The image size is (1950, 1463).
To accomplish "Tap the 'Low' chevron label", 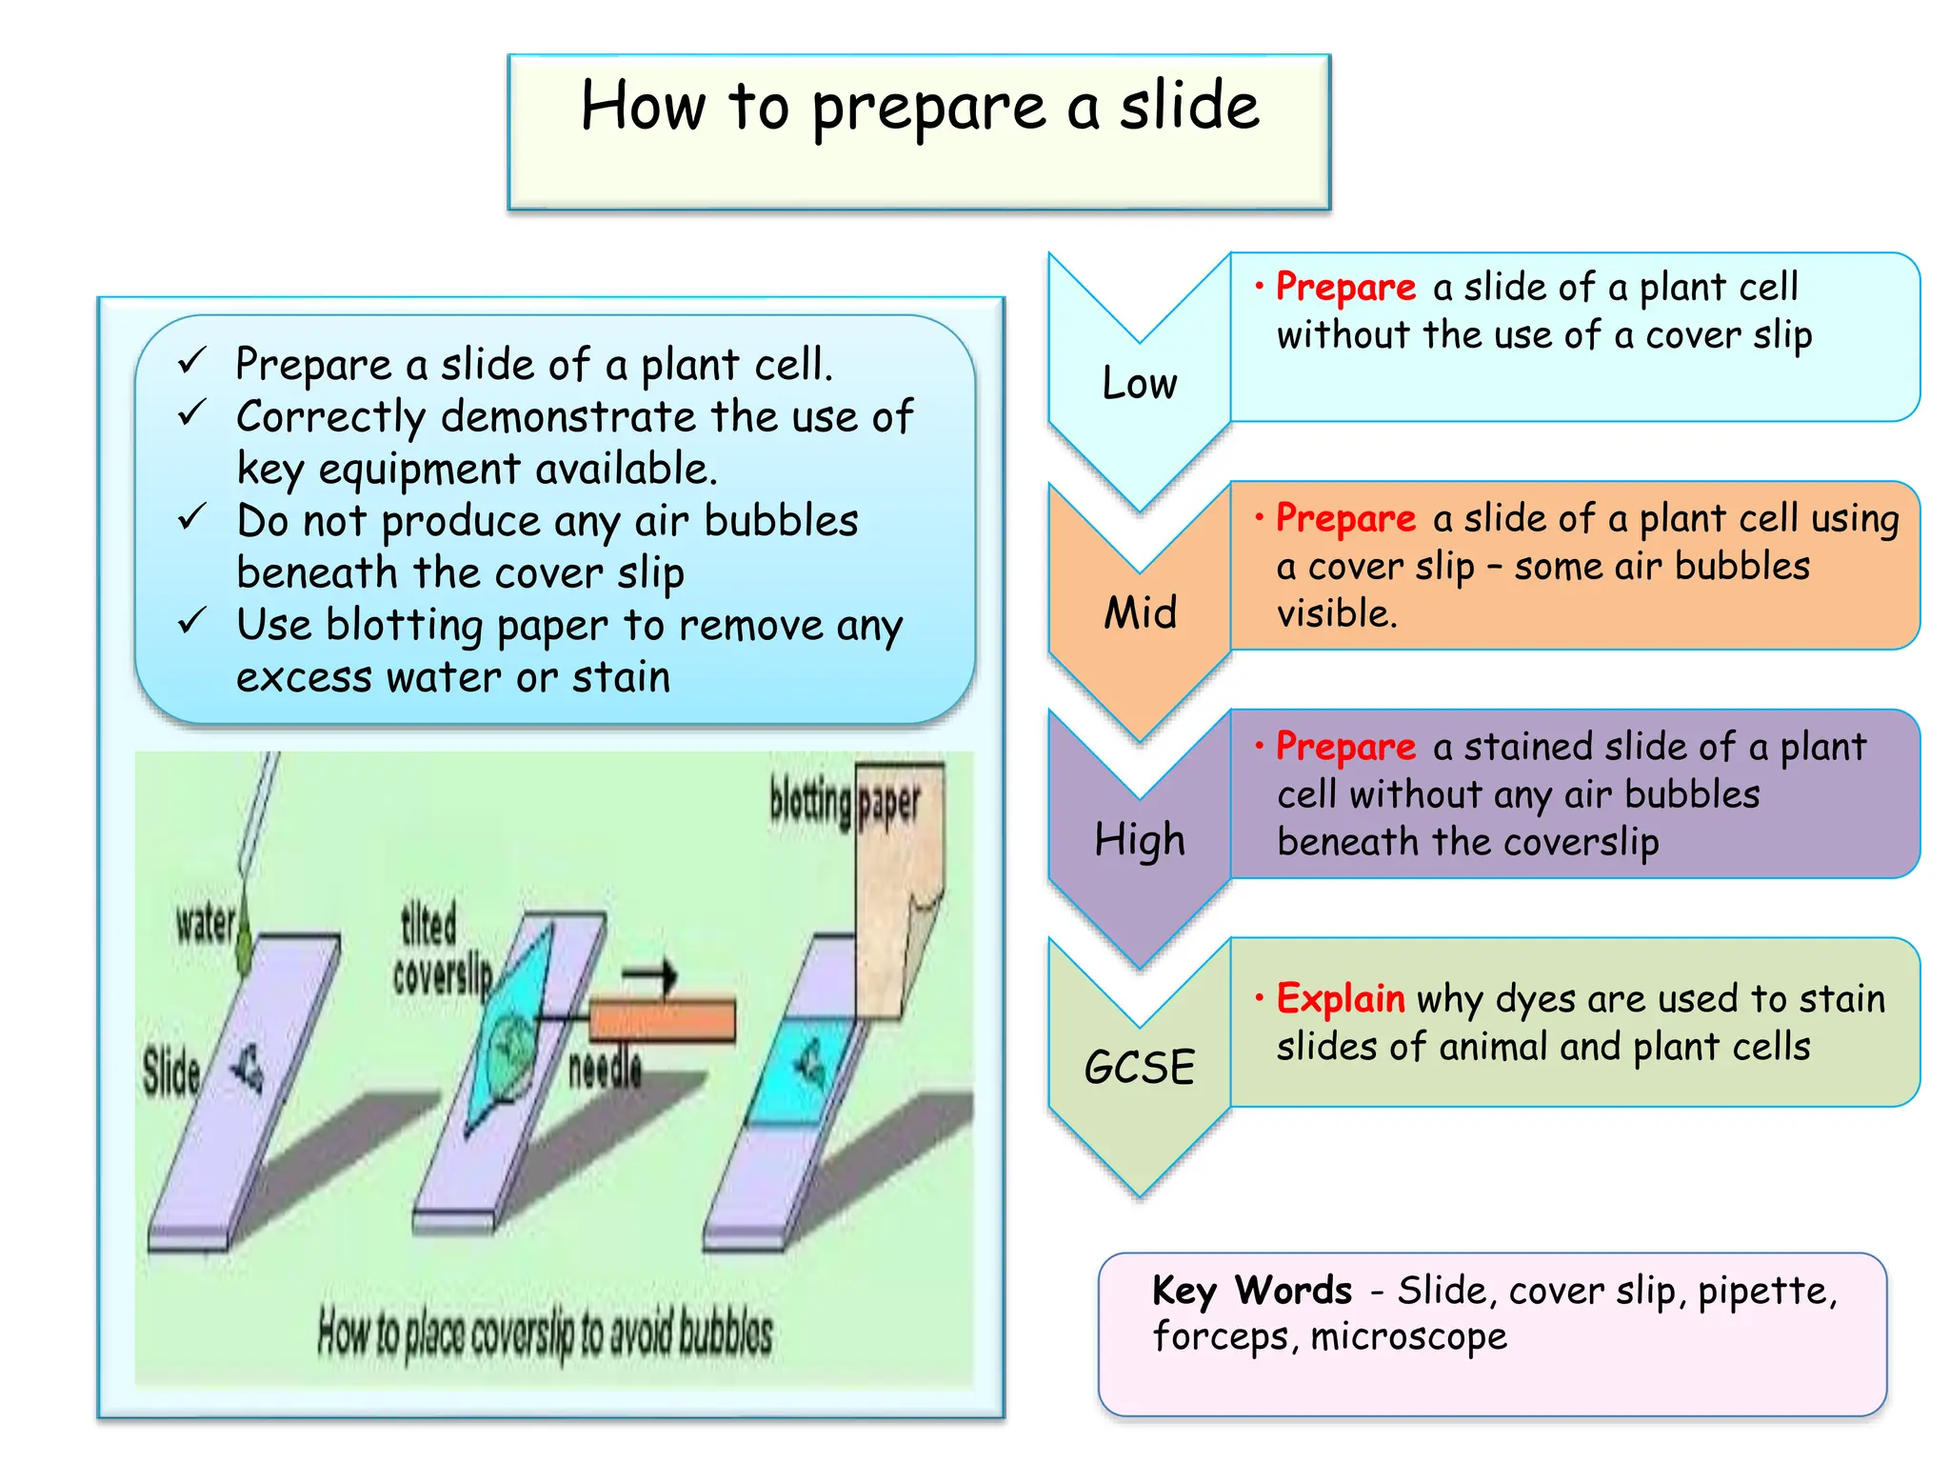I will (1139, 383).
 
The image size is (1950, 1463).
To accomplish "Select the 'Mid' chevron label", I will (1140, 611).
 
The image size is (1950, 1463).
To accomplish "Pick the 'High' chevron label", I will (1139, 840).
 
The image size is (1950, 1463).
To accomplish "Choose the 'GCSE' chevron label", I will (1139, 1067).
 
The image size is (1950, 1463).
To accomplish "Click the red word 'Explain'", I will (1340, 998).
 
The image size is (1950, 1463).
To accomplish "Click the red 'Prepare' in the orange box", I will (1345, 518).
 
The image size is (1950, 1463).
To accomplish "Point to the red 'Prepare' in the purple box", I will (1345, 747).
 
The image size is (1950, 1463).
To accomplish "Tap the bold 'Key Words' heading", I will (1251, 1291).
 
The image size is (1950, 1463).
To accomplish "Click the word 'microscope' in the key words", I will (1408, 1336).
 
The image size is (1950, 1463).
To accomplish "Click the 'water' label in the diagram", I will (205, 923).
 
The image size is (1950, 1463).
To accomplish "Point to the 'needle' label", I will (605, 1069).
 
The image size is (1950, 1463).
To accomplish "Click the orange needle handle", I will (663, 1019).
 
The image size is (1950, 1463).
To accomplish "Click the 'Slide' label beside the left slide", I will (171, 1071).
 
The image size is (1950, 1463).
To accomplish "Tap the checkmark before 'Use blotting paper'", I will (191, 622).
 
